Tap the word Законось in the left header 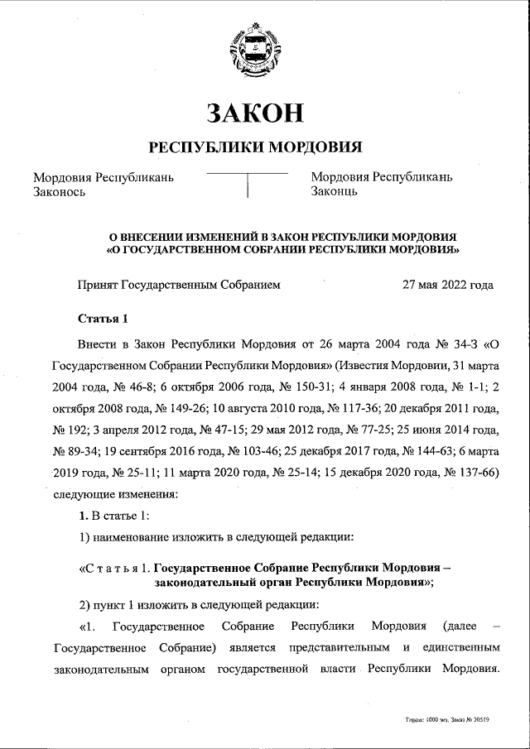click(59, 192)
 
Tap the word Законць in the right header click(334, 192)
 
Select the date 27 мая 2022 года click(447, 285)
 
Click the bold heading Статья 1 click(103, 319)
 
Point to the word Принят click(98, 285)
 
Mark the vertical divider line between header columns click(247, 186)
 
